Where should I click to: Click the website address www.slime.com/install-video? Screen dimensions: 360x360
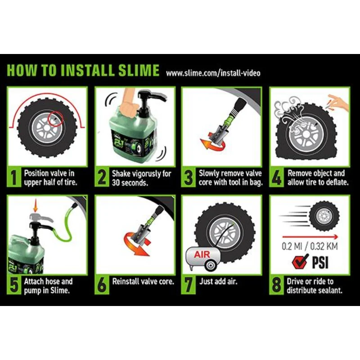click(x=213, y=73)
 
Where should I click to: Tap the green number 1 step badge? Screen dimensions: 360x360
click(x=14, y=177)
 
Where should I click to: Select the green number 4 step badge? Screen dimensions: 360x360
click(x=276, y=177)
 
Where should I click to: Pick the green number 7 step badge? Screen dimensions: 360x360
click(x=188, y=285)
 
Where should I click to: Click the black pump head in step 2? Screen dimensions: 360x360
click(x=150, y=97)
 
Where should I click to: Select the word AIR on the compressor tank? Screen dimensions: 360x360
click(x=202, y=254)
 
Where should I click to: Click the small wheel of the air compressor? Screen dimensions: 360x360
click(x=211, y=265)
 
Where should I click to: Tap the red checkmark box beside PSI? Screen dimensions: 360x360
click(x=300, y=261)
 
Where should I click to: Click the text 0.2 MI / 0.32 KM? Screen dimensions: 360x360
click(x=310, y=246)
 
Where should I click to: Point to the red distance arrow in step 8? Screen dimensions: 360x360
click(x=310, y=237)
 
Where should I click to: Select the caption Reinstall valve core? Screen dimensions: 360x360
click(x=143, y=282)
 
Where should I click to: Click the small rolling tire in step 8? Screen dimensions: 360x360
click(x=324, y=216)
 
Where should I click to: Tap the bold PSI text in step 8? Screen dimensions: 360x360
click(x=320, y=262)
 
